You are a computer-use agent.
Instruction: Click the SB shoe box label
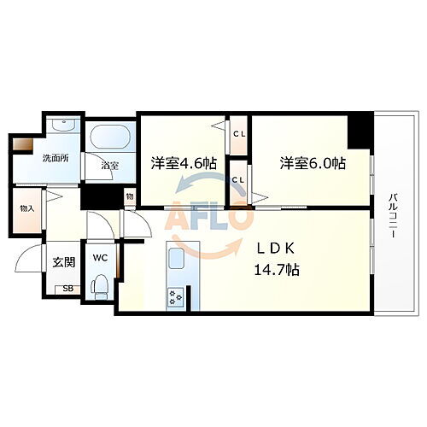coord(67,290)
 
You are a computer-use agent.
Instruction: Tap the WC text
coord(99,256)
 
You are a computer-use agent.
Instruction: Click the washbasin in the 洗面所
coord(61,126)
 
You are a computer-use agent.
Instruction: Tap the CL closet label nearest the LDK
coord(238,180)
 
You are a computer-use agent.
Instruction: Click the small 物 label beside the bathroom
coord(129,196)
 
